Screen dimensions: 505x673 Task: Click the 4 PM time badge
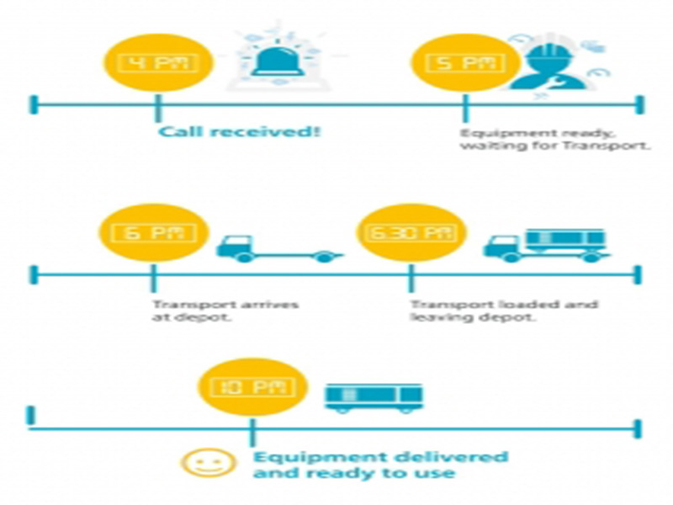tap(156, 63)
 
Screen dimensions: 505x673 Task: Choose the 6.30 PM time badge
tap(411, 233)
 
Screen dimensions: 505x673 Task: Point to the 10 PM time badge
tap(250, 388)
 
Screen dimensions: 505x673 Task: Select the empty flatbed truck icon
tap(278, 247)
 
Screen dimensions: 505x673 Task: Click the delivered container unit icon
tap(374, 396)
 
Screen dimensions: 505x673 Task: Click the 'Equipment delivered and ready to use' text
tap(379, 465)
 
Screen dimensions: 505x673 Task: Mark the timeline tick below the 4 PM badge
tap(157, 105)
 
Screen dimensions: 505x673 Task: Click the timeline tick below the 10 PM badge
tap(251, 430)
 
